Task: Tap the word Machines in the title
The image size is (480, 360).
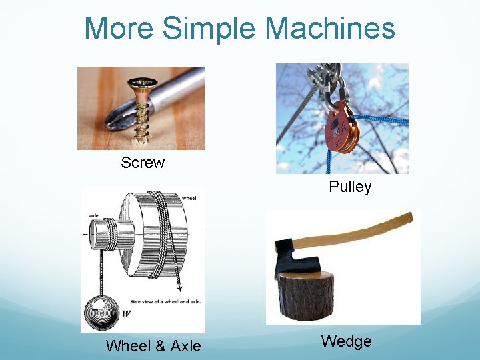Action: [x=329, y=29]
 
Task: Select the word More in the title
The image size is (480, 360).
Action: [x=120, y=29]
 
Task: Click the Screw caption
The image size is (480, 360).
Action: [x=143, y=163]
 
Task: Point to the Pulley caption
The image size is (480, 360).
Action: [x=350, y=187]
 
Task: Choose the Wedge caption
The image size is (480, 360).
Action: [x=346, y=342]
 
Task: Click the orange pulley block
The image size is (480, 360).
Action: [x=341, y=127]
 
